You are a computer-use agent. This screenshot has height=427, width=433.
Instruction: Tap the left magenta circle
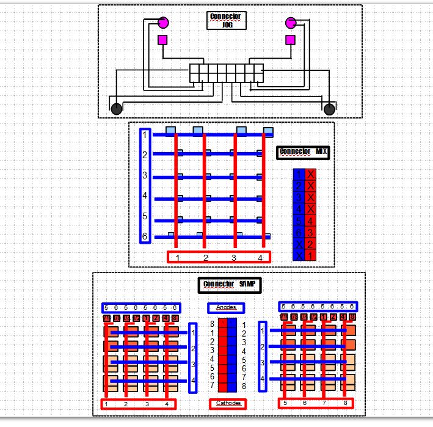tap(163, 23)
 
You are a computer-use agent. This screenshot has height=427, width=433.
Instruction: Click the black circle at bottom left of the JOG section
tap(116, 109)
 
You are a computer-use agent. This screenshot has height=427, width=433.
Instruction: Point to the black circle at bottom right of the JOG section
tap(330, 109)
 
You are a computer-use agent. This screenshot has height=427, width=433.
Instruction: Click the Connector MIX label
tap(304, 152)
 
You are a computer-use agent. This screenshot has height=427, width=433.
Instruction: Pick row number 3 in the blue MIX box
tap(145, 176)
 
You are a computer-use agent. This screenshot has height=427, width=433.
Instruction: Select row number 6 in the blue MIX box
tap(145, 236)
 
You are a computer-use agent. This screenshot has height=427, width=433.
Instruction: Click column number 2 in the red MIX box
tap(206, 257)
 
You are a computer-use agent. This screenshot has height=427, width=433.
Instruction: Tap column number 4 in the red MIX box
tap(260, 257)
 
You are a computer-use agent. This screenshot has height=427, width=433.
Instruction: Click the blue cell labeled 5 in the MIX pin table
tap(299, 221)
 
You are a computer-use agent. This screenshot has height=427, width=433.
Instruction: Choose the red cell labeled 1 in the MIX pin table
tap(311, 255)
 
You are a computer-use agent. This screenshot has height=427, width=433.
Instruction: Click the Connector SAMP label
tap(229, 285)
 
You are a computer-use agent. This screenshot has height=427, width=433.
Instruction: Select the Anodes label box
tap(226, 307)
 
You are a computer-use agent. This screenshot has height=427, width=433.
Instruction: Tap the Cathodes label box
tap(228, 403)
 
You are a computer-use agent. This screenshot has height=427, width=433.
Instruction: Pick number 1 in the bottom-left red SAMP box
tap(106, 404)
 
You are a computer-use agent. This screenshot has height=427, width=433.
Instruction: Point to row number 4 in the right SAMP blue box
tap(263, 379)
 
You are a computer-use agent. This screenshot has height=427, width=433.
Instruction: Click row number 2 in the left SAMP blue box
tap(193, 348)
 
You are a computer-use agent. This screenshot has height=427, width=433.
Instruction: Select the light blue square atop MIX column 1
tap(172, 130)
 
